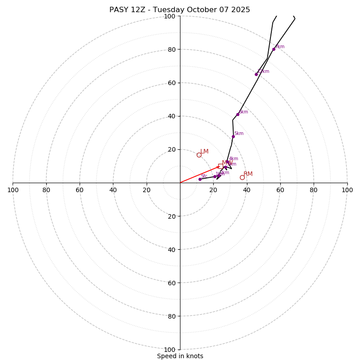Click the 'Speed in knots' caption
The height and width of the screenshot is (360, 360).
point(180,356)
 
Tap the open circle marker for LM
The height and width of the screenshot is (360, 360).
point(199,155)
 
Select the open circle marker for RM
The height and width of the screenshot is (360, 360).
point(242,177)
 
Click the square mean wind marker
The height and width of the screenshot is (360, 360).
point(220,166)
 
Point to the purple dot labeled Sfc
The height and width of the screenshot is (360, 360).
point(200,179)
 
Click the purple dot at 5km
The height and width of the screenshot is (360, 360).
point(233,136)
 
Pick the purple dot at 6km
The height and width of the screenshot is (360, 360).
point(238,114)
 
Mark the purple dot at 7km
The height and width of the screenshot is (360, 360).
point(274,49)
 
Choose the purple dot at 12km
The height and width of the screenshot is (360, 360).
point(256,74)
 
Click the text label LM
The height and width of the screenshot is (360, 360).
point(204,152)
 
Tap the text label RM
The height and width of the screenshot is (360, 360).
point(248,174)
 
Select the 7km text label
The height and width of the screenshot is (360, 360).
point(279,47)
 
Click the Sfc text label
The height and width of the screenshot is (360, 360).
point(204,176)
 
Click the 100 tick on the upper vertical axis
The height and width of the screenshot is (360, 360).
point(170,16)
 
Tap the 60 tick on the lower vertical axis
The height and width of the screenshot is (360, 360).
point(170,283)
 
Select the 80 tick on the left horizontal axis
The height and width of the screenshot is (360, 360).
point(46,190)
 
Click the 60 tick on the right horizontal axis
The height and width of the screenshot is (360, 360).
point(280,190)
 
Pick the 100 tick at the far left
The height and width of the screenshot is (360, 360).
point(13,190)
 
